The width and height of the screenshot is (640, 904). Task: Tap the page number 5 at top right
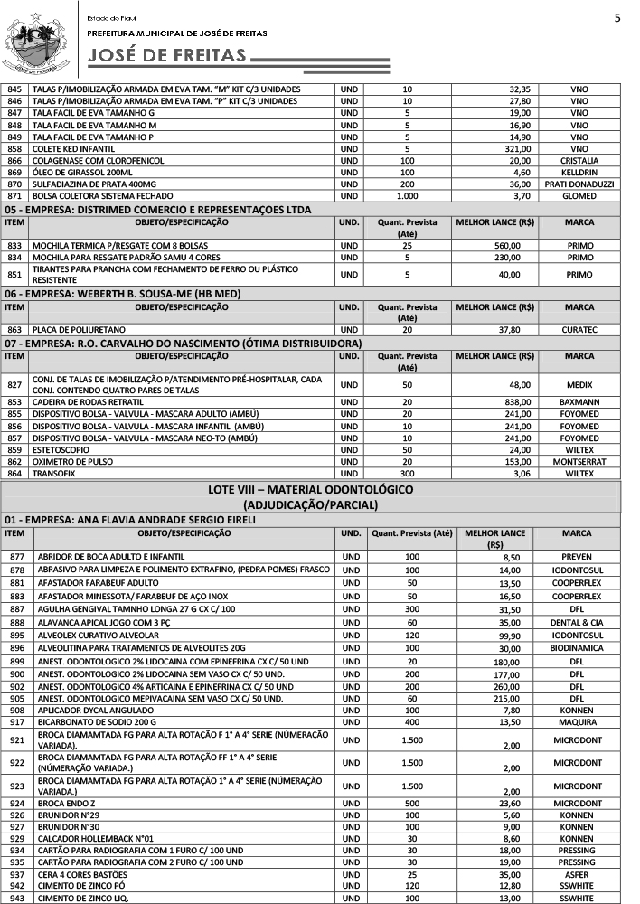tap(617, 18)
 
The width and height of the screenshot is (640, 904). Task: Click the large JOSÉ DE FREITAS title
tap(167, 57)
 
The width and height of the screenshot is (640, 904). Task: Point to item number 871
tap(14, 195)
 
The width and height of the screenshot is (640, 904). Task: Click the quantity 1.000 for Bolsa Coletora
tap(407, 195)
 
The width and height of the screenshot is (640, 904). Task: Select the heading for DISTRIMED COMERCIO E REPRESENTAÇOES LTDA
tap(158, 209)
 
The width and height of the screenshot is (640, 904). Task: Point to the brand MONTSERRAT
tap(579, 461)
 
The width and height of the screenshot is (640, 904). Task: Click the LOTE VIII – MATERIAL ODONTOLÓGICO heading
tap(310, 489)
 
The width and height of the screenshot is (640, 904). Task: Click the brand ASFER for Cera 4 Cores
tap(577, 874)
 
